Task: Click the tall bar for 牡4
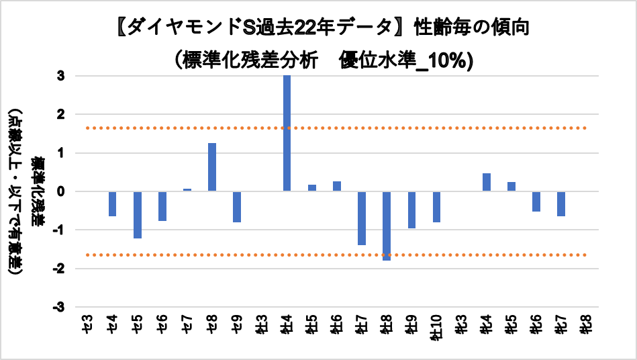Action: [x=287, y=133]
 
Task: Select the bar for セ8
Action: [x=212, y=167]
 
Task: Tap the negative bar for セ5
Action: [x=138, y=215]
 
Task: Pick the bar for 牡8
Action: [x=387, y=226]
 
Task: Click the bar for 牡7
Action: [x=361, y=218]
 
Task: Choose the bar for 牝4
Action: [x=487, y=182]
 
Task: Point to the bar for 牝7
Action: [x=561, y=204]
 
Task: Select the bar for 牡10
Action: [x=436, y=207]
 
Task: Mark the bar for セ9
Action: [x=237, y=207]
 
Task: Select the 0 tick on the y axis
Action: [x=61, y=192]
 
